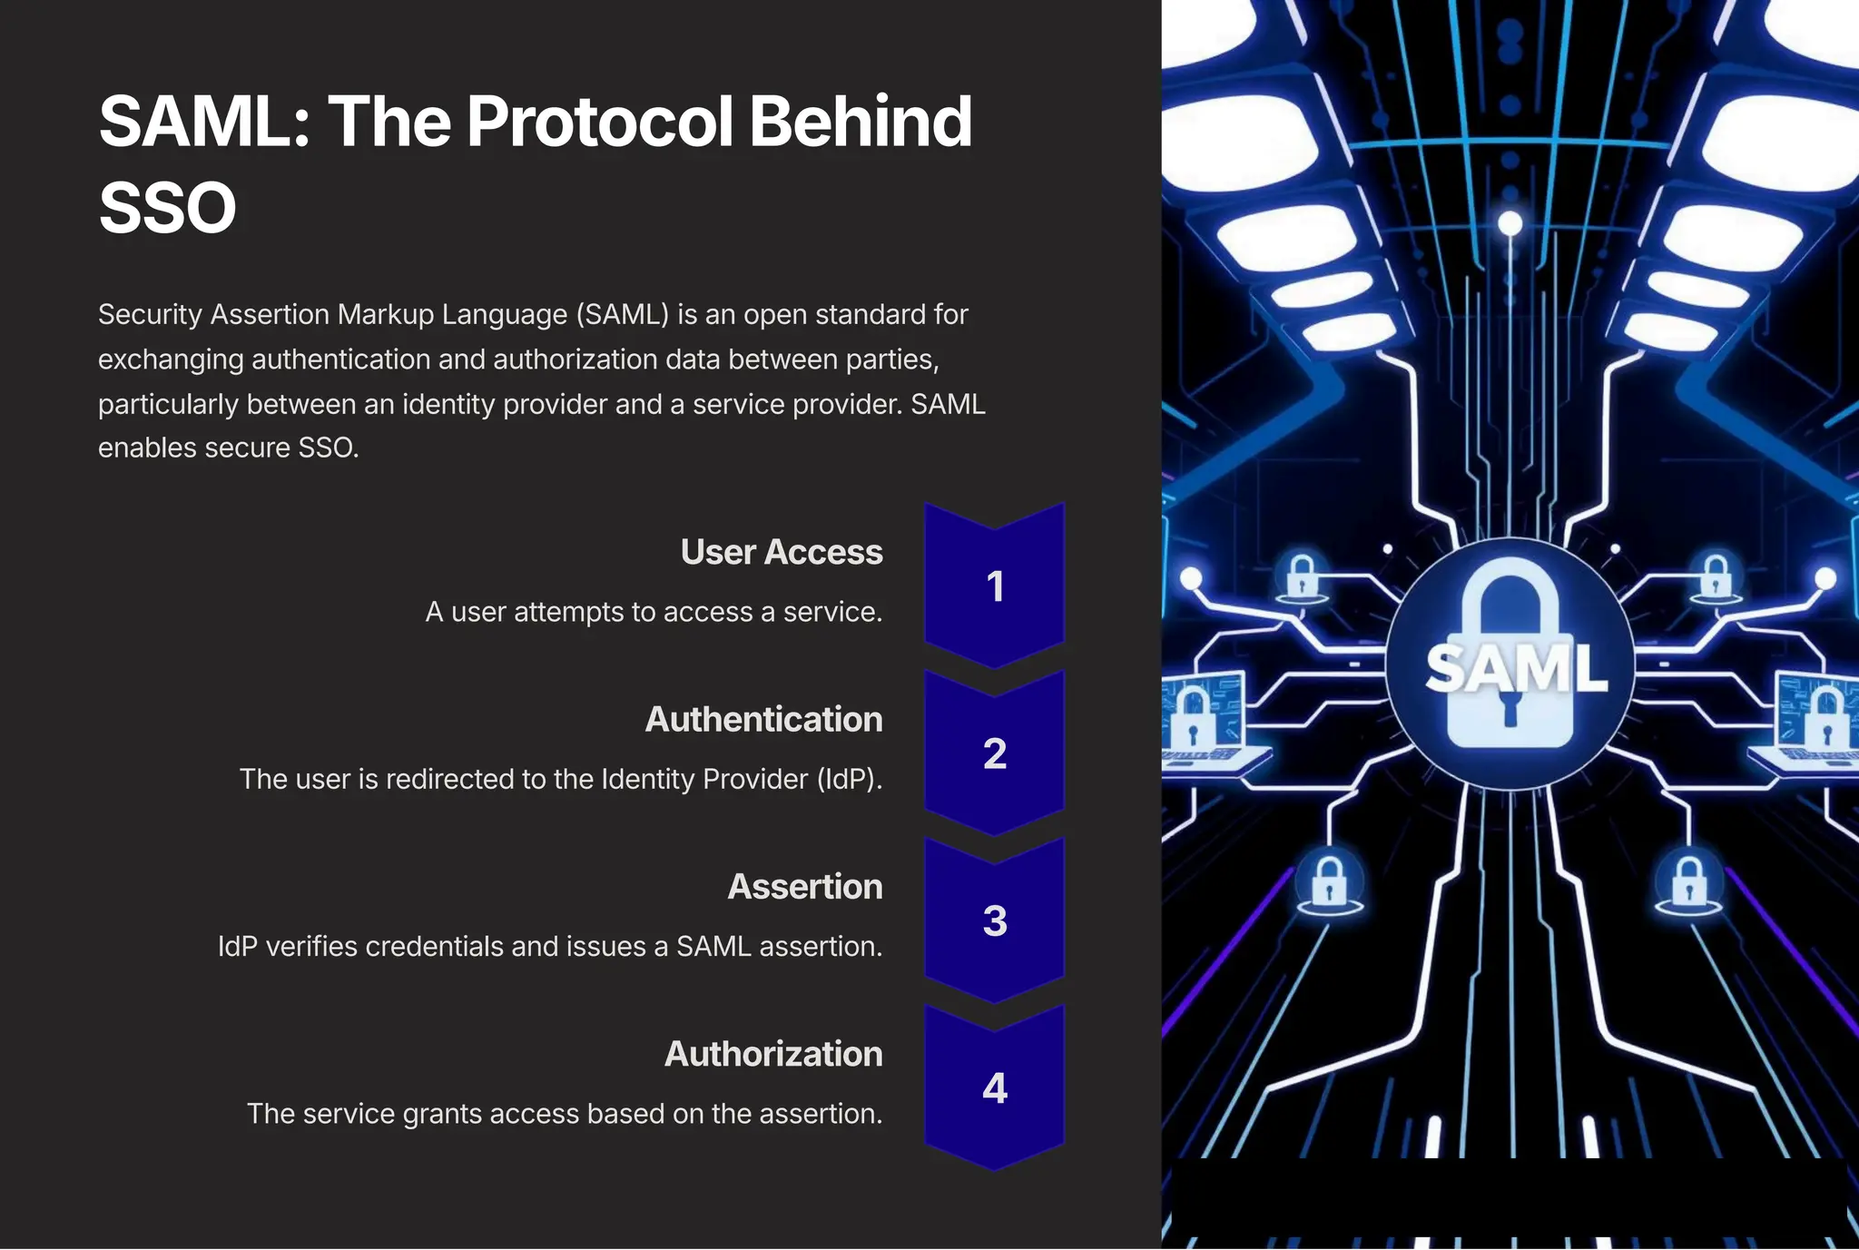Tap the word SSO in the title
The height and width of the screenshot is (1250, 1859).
click(167, 208)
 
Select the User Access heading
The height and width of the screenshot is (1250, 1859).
click(781, 552)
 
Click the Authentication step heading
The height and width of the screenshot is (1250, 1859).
click(763, 719)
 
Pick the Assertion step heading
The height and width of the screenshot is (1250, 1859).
click(804, 886)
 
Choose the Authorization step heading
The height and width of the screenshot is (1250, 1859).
click(773, 1054)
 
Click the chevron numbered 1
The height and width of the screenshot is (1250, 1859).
click(995, 586)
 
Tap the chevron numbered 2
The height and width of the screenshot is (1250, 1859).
click(995, 753)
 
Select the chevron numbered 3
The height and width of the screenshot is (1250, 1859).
click(995, 920)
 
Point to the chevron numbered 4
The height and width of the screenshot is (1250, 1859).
click(995, 1088)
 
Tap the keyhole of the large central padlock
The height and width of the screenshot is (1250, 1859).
click(1510, 708)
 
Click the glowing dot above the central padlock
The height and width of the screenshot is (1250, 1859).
click(1510, 222)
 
